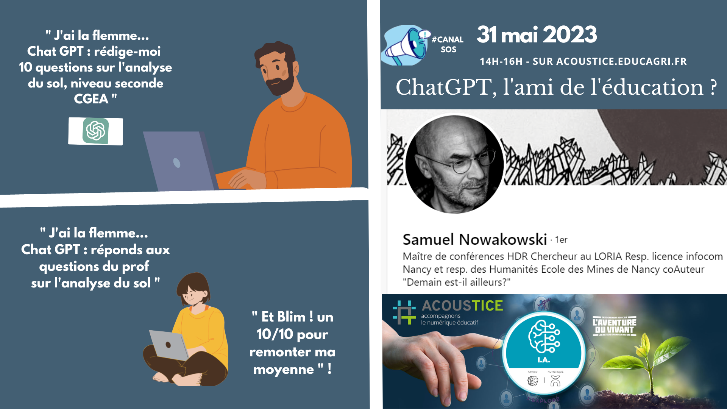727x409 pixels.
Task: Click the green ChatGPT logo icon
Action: (95, 131)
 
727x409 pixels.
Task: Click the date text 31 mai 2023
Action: (537, 35)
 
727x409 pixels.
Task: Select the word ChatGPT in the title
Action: (443, 87)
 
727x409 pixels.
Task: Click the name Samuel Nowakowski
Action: (475, 239)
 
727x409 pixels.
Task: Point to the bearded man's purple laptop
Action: (178, 161)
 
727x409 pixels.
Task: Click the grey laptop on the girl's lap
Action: (168, 345)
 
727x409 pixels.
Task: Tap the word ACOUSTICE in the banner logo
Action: (462, 306)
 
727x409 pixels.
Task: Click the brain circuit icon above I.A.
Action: (544, 337)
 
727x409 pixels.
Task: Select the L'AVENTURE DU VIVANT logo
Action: (614, 326)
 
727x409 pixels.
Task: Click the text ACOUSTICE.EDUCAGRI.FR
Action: (621, 61)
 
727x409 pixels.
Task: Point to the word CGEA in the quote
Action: (91, 99)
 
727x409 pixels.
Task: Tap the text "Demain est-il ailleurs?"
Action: (456, 282)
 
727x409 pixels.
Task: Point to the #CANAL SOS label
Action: (448, 44)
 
